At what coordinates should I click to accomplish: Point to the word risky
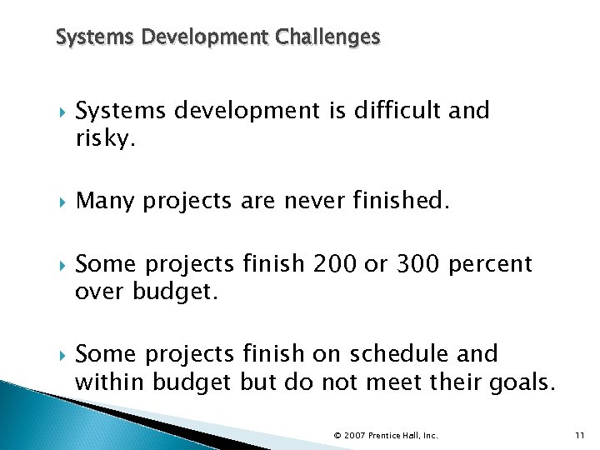(x=105, y=139)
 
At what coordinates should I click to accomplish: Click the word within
(x=107, y=382)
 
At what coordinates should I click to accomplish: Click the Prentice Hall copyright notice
(x=385, y=435)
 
